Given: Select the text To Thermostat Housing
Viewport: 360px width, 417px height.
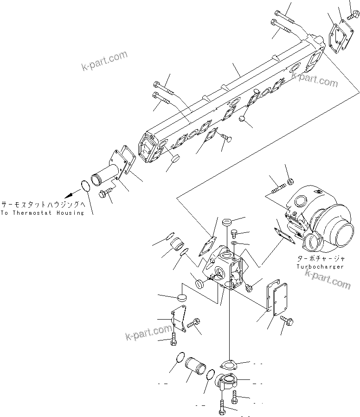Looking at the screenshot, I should tap(42, 212).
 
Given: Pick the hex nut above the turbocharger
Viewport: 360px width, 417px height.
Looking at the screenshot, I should tap(291, 180).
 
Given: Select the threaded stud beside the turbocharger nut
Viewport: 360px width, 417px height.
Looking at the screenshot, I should tap(277, 190).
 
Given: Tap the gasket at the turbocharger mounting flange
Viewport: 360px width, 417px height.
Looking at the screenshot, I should tap(283, 235).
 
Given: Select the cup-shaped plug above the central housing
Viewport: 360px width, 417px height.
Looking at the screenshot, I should tap(227, 221).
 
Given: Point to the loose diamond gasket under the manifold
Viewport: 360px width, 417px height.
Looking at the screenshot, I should tap(210, 135).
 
